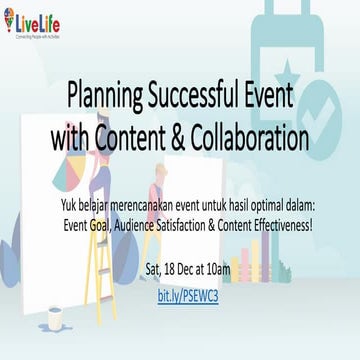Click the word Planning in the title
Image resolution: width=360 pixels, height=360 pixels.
coord(103,97)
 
